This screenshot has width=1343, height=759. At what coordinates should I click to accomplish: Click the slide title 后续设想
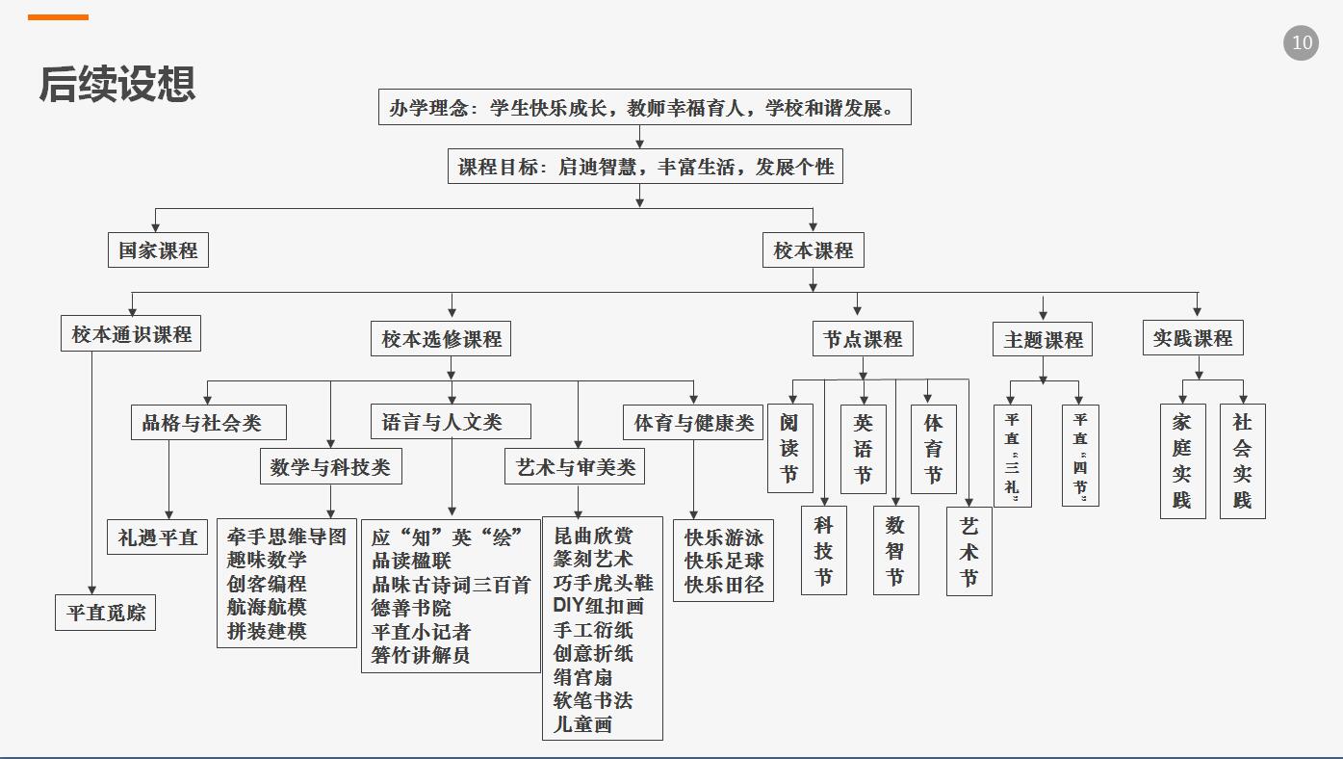tap(117, 85)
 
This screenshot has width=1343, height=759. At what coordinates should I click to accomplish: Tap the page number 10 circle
tap(1301, 43)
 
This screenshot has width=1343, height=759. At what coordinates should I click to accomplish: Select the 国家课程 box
tap(158, 250)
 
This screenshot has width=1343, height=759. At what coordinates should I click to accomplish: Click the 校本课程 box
tap(814, 250)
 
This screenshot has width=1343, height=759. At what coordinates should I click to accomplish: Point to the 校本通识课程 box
tap(131, 334)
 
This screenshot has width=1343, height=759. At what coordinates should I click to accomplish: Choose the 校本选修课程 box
tap(441, 339)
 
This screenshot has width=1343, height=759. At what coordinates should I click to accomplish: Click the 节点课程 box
tap(863, 339)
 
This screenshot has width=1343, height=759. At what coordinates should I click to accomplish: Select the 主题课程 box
tap(1043, 340)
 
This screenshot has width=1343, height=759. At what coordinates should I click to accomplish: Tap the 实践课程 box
tap(1193, 338)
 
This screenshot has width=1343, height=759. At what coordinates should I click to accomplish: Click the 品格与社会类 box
tap(208, 423)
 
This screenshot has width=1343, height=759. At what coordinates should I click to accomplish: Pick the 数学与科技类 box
tap(330, 467)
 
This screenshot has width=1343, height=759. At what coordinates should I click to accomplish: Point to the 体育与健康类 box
tap(693, 422)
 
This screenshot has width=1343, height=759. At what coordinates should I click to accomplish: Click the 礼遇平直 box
tap(157, 537)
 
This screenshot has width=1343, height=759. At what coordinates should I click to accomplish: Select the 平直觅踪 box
tap(105, 613)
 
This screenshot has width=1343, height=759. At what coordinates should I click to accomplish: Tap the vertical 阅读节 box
tap(789, 448)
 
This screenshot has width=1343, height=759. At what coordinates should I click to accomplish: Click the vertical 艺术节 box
tap(969, 551)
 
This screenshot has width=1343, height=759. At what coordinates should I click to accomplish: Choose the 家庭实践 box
tap(1182, 461)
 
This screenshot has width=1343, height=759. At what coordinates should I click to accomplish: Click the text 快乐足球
tap(724, 561)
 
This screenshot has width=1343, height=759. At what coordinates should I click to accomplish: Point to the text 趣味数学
tap(267, 561)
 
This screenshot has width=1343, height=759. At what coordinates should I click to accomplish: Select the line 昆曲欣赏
tap(593, 536)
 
